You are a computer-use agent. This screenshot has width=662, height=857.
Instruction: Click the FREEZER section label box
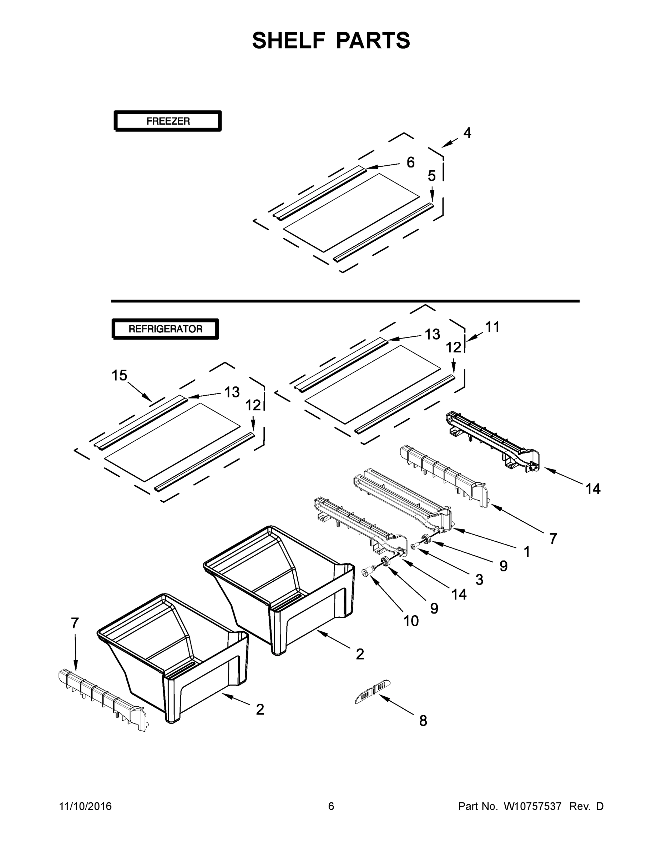[168, 121]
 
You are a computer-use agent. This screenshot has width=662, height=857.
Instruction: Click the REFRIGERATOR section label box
[165, 329]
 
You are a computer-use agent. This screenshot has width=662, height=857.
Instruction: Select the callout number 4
[467, 133]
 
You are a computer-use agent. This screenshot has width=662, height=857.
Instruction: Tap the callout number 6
[410, 162]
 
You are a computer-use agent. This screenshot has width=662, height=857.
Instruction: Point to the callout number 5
[431, 176]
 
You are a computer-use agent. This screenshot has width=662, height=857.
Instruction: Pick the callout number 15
[119, 376]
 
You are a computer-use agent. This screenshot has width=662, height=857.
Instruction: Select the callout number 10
[411, 621]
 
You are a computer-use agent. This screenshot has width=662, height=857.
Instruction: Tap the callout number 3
[479, 580]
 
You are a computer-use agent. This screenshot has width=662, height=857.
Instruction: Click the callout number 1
[527, 551]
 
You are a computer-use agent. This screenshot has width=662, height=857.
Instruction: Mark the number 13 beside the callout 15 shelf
[231, 392]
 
